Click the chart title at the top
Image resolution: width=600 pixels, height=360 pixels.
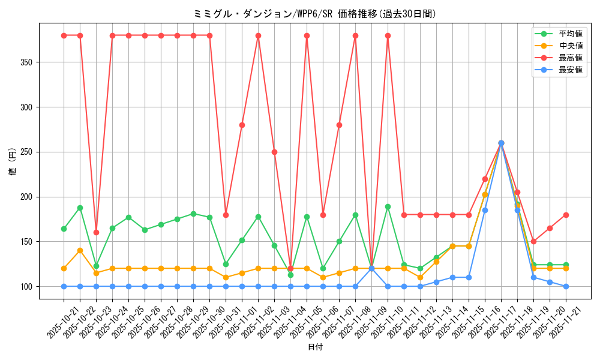coord(315,14)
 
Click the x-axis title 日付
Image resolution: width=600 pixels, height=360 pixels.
coord(315,347)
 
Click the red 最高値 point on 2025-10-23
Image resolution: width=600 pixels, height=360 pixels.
coord(96,232)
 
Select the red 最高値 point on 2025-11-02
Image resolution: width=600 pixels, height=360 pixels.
coord(258,35)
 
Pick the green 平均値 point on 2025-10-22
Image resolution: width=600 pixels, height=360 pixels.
coord(80,208)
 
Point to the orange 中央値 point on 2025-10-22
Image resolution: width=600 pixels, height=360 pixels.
coord(80,250)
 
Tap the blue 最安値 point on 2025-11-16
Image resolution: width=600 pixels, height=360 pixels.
coord(485,210)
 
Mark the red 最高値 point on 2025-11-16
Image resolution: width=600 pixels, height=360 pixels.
coord(485,179)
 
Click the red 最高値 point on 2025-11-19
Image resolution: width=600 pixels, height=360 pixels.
coord(533,241)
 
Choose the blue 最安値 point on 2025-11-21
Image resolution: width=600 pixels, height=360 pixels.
coord(566,286)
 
